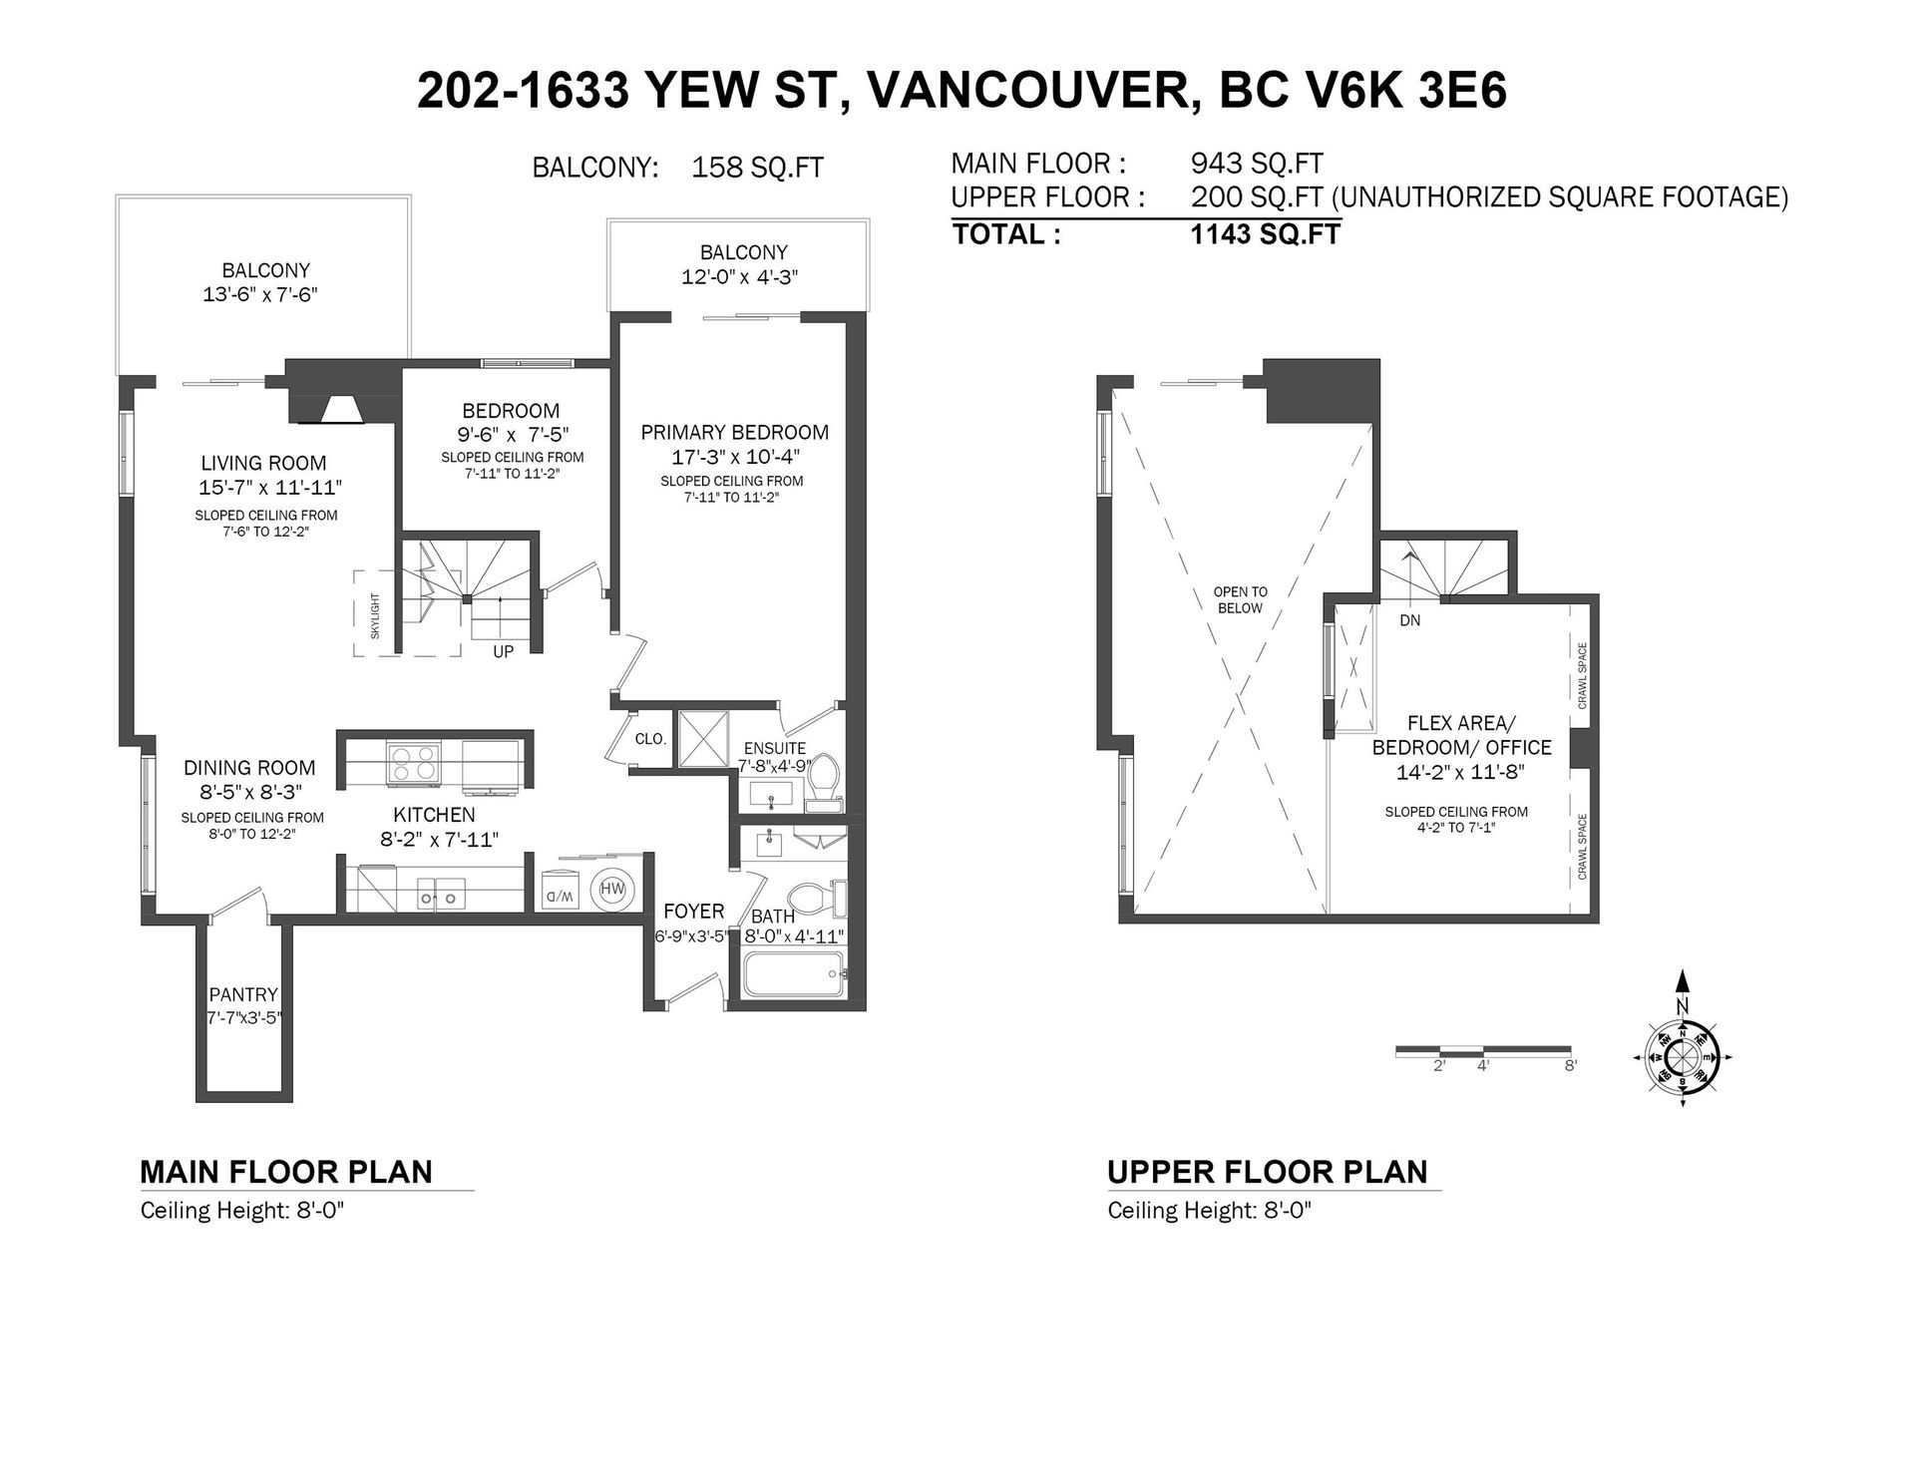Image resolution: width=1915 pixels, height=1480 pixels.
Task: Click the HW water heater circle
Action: (611, 889)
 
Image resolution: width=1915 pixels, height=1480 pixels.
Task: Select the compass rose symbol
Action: (1683, 1057)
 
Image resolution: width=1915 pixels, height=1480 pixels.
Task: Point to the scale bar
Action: (1483, 1049)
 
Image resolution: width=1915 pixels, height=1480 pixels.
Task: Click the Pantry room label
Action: (243, 994)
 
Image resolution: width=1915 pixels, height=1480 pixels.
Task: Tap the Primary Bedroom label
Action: (735, 432)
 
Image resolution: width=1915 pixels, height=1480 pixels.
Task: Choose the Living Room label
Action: (263, 463)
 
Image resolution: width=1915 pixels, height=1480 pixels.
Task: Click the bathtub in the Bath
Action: (793, 973)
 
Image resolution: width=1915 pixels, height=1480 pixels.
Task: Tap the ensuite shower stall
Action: (703, 739)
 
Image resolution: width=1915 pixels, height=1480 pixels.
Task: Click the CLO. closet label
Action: (650, 739)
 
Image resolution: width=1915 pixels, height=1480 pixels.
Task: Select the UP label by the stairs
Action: (504, 651)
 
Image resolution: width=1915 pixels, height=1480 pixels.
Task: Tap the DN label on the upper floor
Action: (1409, 620)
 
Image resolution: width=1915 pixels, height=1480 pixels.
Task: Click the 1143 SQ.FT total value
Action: (1266, 234)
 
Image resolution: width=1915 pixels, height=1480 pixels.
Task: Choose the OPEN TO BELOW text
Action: (1240, 600)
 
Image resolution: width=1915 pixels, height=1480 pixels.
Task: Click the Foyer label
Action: (694, 912)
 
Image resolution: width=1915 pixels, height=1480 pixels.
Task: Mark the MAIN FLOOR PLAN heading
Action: (286, 1171)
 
